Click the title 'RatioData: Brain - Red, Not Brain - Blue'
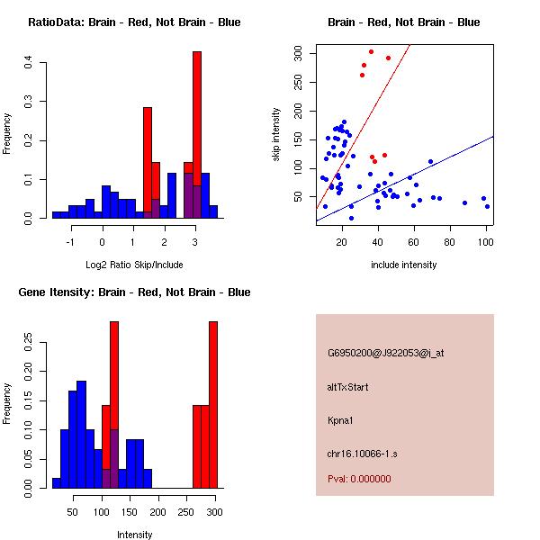133,22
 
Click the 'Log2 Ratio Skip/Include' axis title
133,265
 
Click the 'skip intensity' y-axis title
277,135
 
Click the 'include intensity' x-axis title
403,265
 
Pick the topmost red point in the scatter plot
371,51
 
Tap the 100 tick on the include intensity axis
486,242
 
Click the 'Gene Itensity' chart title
133,292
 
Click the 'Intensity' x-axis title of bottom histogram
135,535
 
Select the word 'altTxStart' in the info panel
348,387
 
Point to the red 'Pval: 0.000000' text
359,479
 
